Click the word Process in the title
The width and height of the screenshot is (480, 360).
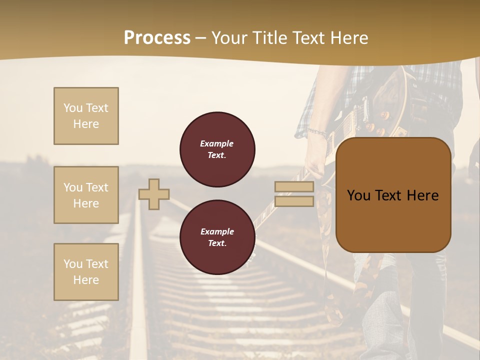[157, 38]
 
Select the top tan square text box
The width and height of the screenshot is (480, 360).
[86, 116]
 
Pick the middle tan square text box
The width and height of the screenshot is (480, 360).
[86, 195]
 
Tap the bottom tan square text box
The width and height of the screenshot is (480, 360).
[86, 271]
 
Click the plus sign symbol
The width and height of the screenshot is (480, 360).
[154, 194]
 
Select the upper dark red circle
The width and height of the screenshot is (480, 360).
[217, 149]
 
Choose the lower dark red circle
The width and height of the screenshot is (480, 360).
[217, 237]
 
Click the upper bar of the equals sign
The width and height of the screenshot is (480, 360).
[294, 187]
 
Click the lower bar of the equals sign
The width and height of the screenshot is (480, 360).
[294, 201]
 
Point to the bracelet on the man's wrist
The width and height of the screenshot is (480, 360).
[318, 133]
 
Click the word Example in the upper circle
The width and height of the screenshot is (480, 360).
[216, 143]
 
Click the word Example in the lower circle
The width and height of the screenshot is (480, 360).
[216, 231]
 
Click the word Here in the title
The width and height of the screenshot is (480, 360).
[347, 38]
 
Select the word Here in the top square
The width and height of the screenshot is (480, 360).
[86, 124]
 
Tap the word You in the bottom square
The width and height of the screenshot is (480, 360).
[73, 264]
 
